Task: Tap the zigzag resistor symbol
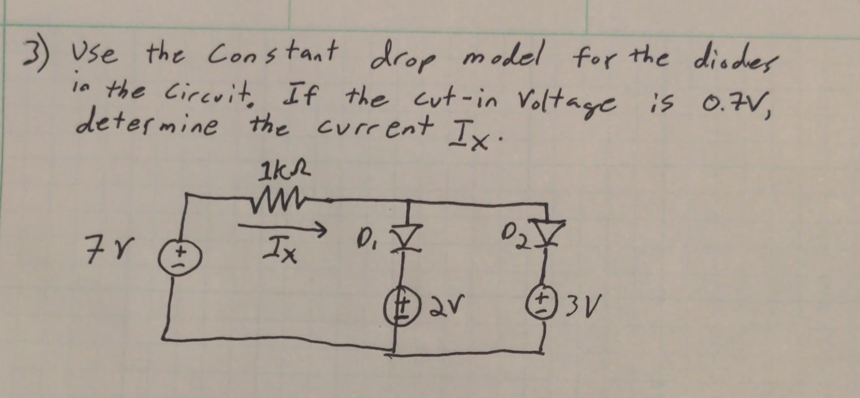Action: click(287, 198)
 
